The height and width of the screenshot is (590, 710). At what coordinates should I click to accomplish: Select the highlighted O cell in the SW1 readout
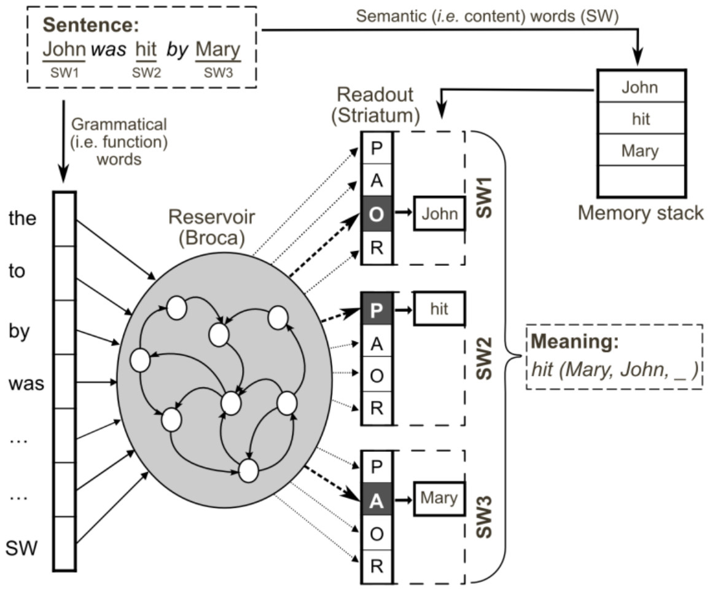(377, 213)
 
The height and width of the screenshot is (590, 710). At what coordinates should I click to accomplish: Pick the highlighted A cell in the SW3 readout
(377, 502)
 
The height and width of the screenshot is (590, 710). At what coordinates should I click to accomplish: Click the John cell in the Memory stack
(639, 87)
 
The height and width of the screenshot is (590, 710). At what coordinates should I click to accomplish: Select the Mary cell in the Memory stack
(639, 150)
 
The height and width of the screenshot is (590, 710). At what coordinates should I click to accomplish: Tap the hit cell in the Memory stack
(639, 118)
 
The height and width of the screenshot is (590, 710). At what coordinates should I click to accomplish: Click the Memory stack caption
(641, 214)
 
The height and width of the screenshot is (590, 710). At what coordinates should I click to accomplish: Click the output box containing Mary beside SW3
(439, 497)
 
